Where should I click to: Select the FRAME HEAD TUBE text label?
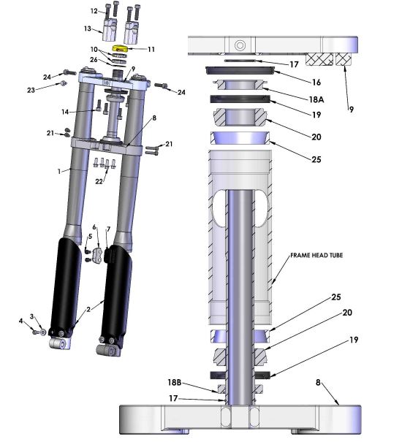pyautogui.click(x=316, y=255)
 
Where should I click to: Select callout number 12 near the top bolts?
pyautogui.click(x=94, y=12)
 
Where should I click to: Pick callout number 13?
pyautogui.click(x=87, y=29)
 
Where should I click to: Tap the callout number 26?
pyautogui.click(x=94, y=60)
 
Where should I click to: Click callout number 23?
pyautogui.click(x=50, y=90)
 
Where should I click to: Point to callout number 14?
pyautogui.click(x=65, y=112)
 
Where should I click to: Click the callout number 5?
pyautogui.click(x=90, y=236)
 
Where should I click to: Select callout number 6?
pyautogui.click(x=94, y=227)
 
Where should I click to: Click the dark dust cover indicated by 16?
pyautogui.click(x=241, y=69)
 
